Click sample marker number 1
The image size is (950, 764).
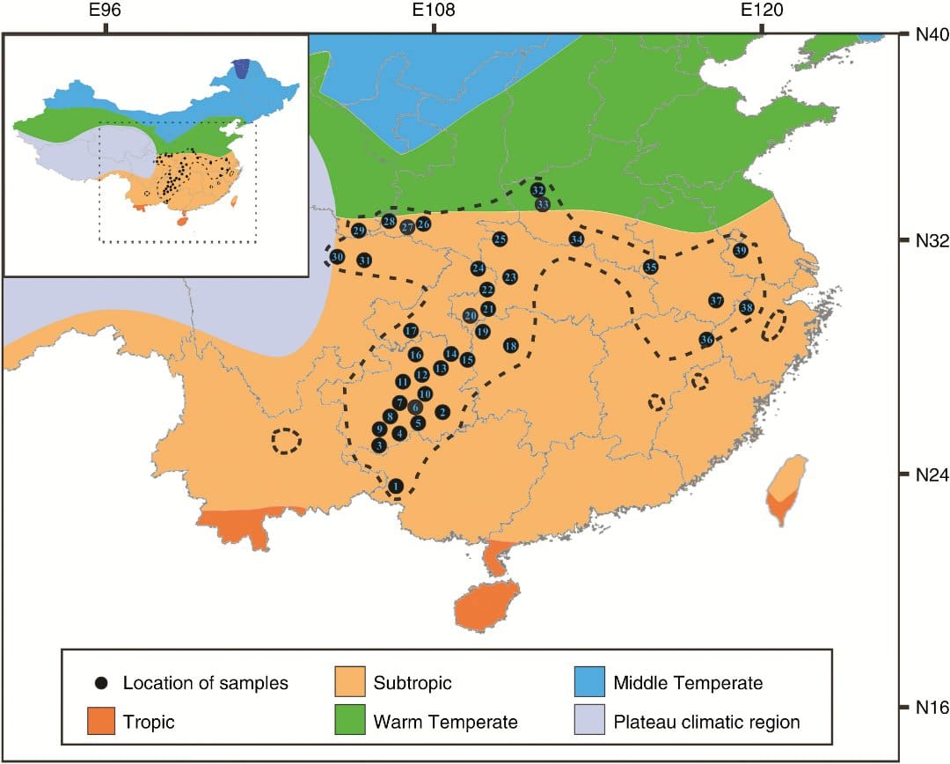click(396, 485)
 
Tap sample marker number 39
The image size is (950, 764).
click(740, 251)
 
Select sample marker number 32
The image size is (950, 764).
click(537, 189)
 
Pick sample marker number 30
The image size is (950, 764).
click(337, 256)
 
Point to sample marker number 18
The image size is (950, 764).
click(510, 345)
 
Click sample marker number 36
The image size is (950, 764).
click(706, 340)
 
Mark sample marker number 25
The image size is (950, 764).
click(500, 239)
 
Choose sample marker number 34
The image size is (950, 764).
click(576, 239)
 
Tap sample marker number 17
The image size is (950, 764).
click(411, 331)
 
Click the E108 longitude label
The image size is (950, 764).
click(433, 11)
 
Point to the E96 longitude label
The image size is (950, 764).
click(105, 11)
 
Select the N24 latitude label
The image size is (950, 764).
click(923, 474)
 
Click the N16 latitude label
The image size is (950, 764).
click(923, 707)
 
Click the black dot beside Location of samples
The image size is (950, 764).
click(103, 683)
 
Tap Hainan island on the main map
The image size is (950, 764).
click(483, 605)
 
